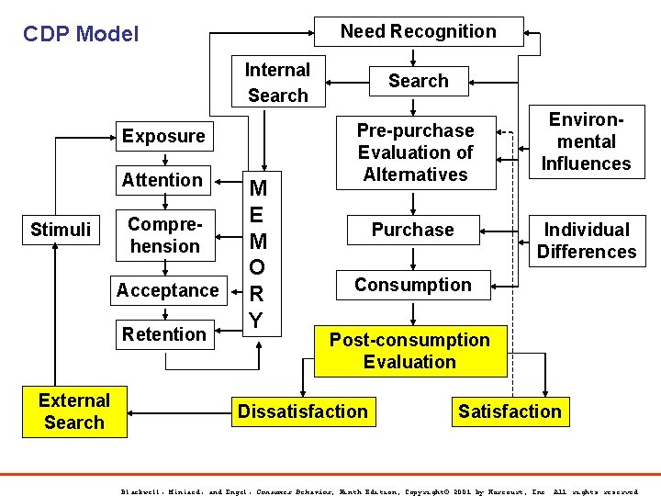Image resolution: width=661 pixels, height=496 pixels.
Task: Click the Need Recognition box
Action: point(419,31)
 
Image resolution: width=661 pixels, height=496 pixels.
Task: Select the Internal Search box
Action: point(277,83)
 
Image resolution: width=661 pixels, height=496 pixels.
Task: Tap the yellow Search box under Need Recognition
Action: point(418,81)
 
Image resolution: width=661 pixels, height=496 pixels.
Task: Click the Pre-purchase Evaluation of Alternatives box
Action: point(415,152)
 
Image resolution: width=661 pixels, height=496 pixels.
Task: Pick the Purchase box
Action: point(412,230)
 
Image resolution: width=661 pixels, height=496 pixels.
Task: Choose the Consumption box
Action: point(412,285)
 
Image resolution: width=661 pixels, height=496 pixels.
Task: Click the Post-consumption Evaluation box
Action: point(409,351)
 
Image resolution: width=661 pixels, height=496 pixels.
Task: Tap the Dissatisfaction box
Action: point(302,411)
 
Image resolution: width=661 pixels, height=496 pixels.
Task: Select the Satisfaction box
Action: point(510,411)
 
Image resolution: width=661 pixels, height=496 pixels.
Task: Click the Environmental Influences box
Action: point(586,141)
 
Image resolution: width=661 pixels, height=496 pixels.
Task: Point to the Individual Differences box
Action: point(586,241)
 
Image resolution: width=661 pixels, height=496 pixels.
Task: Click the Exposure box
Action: point(164,136)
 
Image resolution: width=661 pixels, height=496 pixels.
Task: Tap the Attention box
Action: point(162,180)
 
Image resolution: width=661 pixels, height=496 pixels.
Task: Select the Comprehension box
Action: point(164,235)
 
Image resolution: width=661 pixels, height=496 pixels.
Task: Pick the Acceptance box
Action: point(167,290)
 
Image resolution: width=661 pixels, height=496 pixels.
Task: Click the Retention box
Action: point(164,334)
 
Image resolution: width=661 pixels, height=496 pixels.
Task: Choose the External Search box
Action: point(73,411)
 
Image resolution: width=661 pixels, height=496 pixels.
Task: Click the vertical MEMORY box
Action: point(257,255)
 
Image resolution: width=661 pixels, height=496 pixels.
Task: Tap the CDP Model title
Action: point(81,35)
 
